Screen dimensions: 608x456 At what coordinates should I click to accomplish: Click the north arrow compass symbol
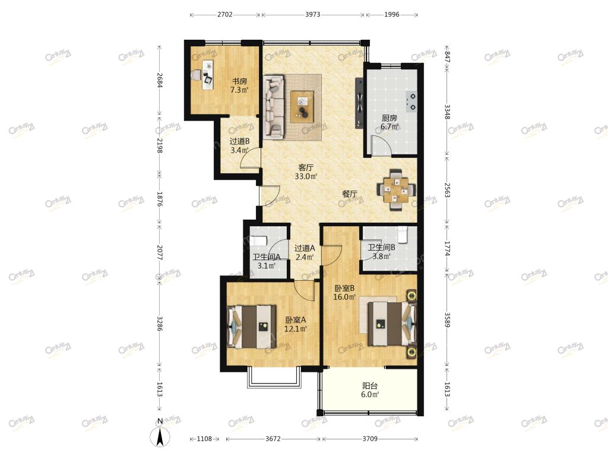click(160, 433)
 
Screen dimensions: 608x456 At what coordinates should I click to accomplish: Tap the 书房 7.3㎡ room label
click(239, 85)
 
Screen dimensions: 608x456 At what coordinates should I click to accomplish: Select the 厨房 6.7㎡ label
click(389, 122)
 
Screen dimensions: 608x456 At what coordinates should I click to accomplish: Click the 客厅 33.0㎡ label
click(306, 172)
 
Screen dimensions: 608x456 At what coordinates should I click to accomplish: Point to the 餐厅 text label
click(349, 194)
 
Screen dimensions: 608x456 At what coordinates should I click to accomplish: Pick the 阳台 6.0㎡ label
click(370, 390)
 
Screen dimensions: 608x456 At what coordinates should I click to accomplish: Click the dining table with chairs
click(396, 189)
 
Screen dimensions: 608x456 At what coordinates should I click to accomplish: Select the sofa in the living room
click(274, 107)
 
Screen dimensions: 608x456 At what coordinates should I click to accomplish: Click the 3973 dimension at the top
click(312, 15)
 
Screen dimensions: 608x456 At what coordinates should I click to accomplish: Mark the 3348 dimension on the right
click(447, 111)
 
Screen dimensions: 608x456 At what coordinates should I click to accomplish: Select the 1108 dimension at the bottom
click(204, 439)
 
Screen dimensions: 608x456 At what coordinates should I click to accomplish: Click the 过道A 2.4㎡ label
click(305, 252)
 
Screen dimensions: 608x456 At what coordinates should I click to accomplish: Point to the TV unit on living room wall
click(359, 103)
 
